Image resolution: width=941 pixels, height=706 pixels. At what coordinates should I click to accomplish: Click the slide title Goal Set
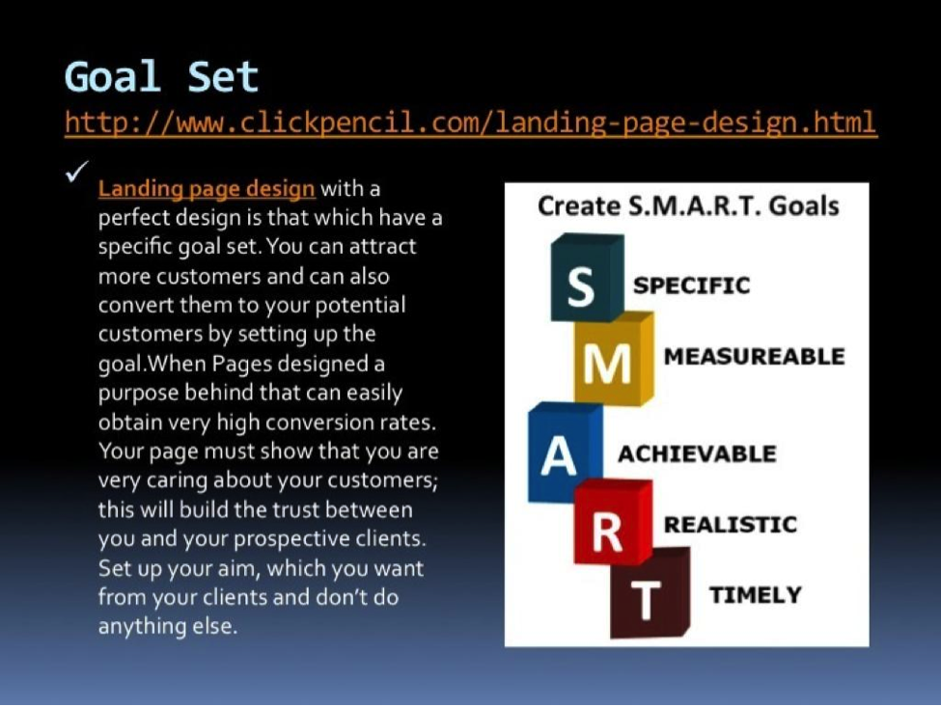pyautogui.click(x=161, y=77)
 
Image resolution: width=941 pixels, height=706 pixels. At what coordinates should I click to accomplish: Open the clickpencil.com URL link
pyautogui.click(x=471, y=122)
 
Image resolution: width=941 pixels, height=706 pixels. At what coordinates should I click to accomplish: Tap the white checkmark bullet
pyautogui.click(x=77, y=171)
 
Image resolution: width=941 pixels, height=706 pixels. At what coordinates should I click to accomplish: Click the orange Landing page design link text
pyautogui.click(x=207, y=189)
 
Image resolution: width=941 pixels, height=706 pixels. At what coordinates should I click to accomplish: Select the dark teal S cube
pyautogui.click(x=587, y=277)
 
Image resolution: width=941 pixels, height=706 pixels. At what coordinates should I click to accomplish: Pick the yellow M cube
pyautogui.click(x=613, y=358)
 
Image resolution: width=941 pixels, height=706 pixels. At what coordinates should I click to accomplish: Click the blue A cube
pyautogui.click(x=565, y=451)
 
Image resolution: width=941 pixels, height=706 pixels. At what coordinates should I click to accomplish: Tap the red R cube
pyautogui.click(x=613, y=522)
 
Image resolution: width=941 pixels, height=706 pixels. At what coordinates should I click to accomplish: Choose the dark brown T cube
pyautogui.click(x=650, y=592)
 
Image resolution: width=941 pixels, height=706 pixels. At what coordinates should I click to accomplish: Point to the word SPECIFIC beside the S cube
pyautogui.click(x=691, y=285)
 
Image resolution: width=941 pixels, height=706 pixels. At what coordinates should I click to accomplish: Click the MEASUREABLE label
pyautogui.click(x=754, y=357)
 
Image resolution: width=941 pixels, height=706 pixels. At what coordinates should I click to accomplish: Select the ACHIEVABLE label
pyautogui.click(x=697, y=454)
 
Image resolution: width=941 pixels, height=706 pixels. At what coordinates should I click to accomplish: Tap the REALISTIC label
pyautogui.click(x=731, y=525)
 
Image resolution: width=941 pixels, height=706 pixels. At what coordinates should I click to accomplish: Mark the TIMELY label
pyautogui.click(x=755, y=595)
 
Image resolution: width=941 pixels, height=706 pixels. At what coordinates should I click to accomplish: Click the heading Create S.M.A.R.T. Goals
pyautogui.click(x=688, y=205)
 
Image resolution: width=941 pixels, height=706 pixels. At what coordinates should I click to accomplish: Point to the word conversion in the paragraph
pyautogui.click(x=319, y=422)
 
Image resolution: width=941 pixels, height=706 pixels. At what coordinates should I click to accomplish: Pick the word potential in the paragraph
pyautogui.click(x=360, y=306)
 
